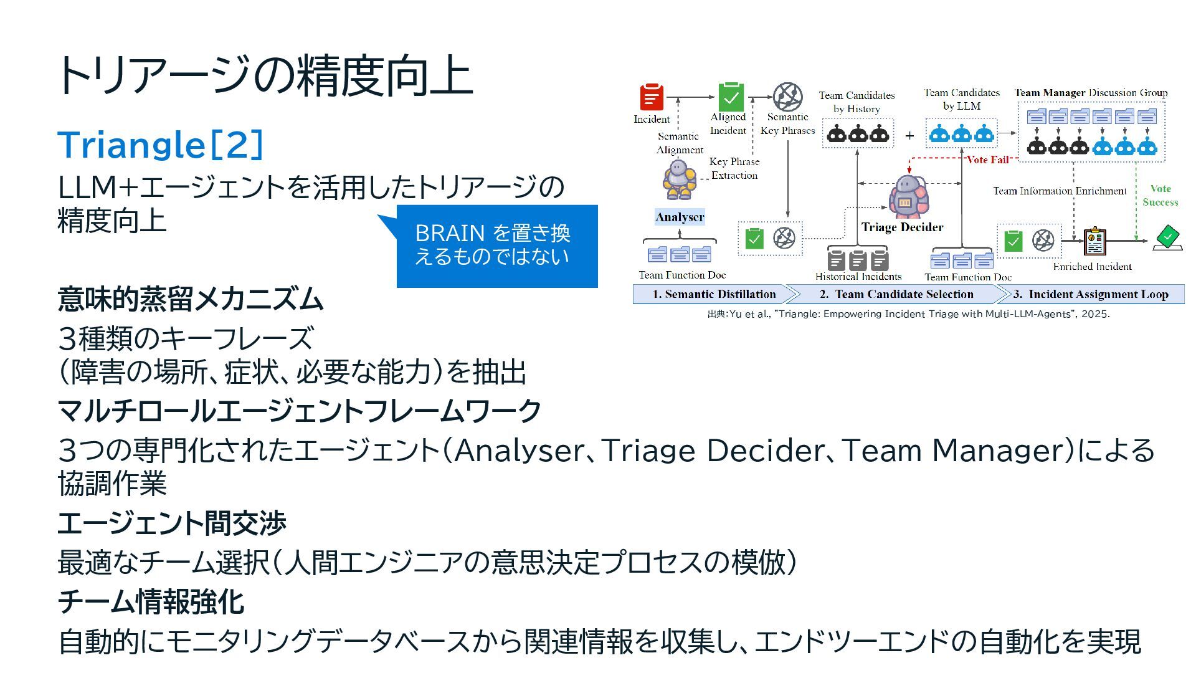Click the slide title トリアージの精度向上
pyautogui.click(x=264, y=76)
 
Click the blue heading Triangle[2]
pyautogui.click(x=161, y=145)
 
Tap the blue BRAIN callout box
pyautogui.click(x=497, y=246)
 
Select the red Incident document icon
pyautogui.click(x=652, y=97)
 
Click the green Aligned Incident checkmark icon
pyautogui.click(x=731, y=97)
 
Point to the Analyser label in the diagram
pyautogui.click(x=680, y=217)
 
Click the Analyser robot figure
pyautogui.click(x=678, y=179)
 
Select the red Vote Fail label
pyautogui.click(x=987, y=160)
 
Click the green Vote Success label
pyautogui.click(x=1160, y=195)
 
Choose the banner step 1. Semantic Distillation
pyautogui.click(x=714, y=294)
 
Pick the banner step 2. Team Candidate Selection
pyautogui.click(x=896, y=294)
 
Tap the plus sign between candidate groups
pyautogui.click(x=909, y=135)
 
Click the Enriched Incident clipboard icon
pyautogui.click(x=1094, y=242)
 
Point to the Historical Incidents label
pyautogui.click(x=858, y=276)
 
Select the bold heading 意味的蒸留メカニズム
pyautogui.click(x=191, y=299)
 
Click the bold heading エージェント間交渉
pyautogui.click(x=172, y=523)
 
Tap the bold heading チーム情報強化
pyautogui.click(x=151, y=601)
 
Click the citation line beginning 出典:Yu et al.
pyautogui.click(x=908, y=314)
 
